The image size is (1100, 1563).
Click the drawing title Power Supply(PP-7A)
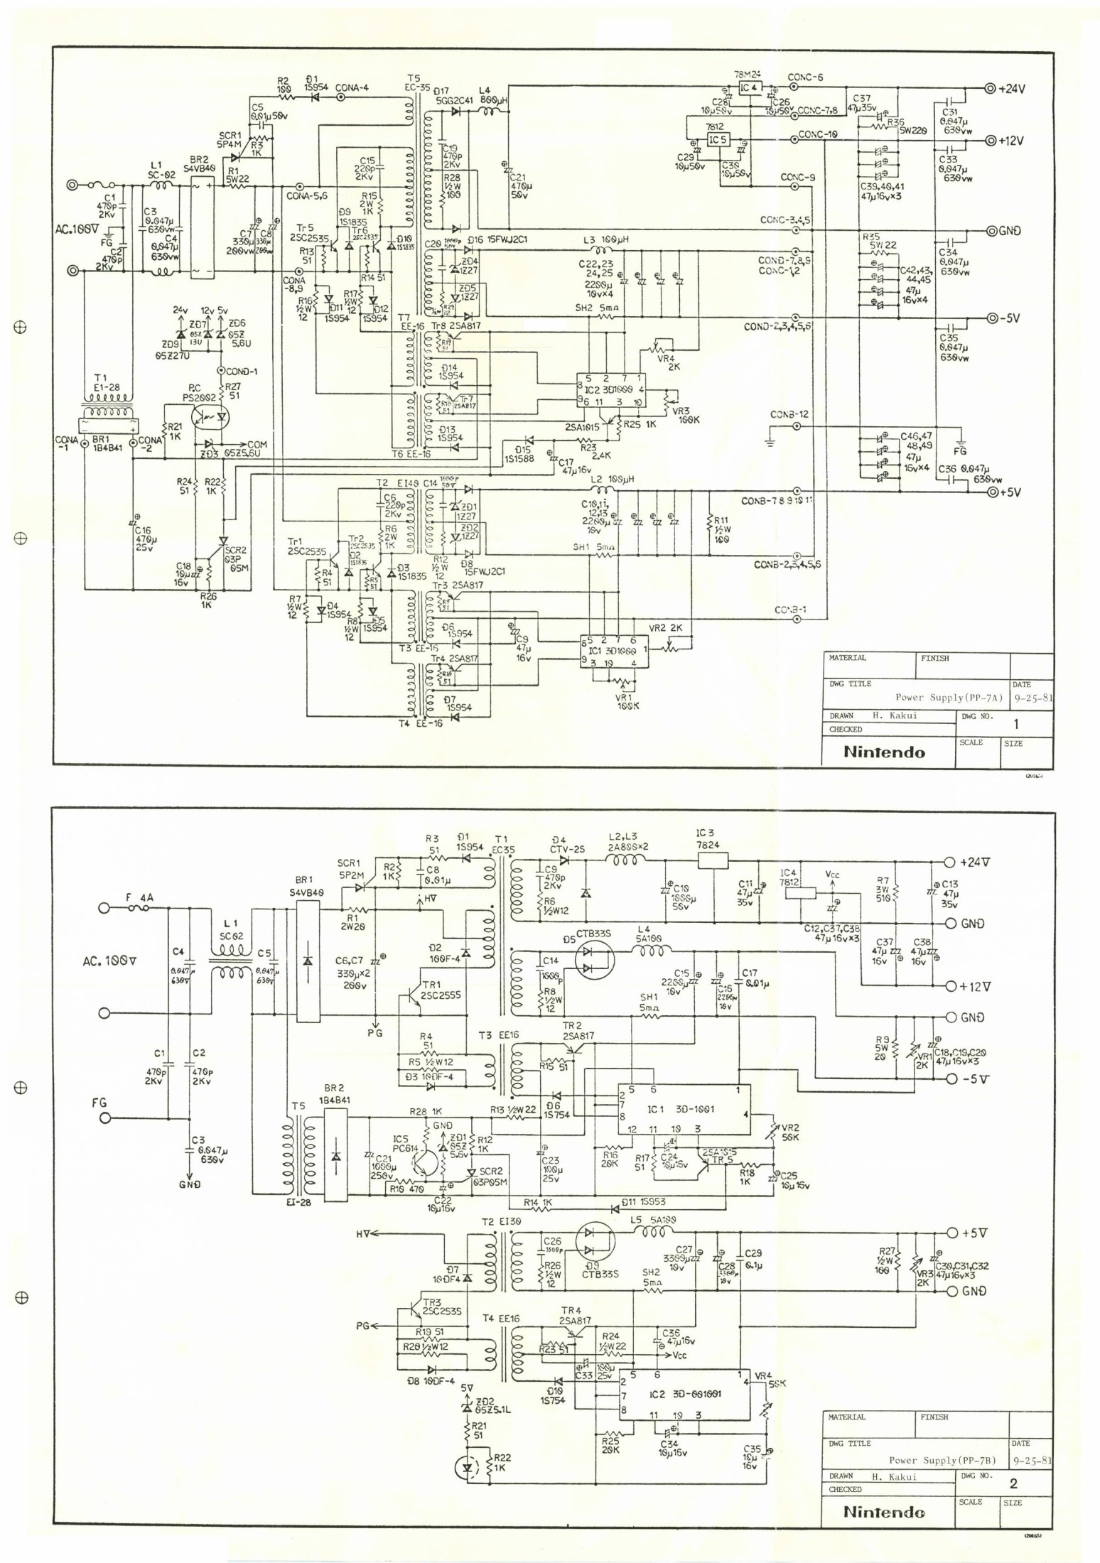coord(948,697)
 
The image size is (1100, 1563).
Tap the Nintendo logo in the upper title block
coord(885,752)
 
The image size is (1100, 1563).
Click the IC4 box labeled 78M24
coord(748,88)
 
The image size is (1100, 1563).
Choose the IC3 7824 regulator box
coord(713,860)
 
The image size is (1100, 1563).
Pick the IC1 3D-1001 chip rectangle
coord(681,1110)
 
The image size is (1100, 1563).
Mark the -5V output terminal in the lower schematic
coord(951,1078)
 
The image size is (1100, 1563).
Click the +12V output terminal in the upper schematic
coord(988,140)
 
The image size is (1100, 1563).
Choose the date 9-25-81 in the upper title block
coord(1031,697)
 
